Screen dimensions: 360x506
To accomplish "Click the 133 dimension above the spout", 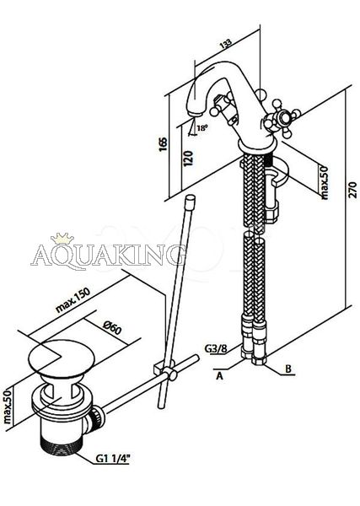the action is [x=226, y=44].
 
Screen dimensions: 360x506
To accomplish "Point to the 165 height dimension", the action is [x=164, y=144].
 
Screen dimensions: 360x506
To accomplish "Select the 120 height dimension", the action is [x=188, y=159].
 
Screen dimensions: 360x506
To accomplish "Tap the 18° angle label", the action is [x=202, y=128].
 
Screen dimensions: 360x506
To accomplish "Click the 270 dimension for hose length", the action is [x=353, y=190].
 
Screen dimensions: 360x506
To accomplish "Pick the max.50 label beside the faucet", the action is [x=324, y=182].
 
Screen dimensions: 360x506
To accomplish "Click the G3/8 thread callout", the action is [x=216, y=348].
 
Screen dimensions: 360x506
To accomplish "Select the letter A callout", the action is [x=219, y=376].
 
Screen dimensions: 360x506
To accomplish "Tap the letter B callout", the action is [x=288, y=369].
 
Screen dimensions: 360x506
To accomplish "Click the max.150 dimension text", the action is [x=73, y=299].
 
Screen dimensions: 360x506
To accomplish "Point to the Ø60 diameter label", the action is [x=112, y=328].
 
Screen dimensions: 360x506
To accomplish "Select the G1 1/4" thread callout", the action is [x=112, y=459].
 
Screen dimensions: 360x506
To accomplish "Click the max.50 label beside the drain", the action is [x=8, y=406].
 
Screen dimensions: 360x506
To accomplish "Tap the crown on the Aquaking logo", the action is [x=62, y=239].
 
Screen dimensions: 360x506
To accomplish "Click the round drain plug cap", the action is [x=62, y=358].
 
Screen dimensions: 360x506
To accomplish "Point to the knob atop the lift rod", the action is [x=191, y=200].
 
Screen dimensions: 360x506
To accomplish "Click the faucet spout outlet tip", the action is [x=195, y=114].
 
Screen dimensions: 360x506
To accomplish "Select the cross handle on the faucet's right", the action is [x=282, y=117].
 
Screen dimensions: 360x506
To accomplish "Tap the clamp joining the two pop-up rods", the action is [x=165, y=371].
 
